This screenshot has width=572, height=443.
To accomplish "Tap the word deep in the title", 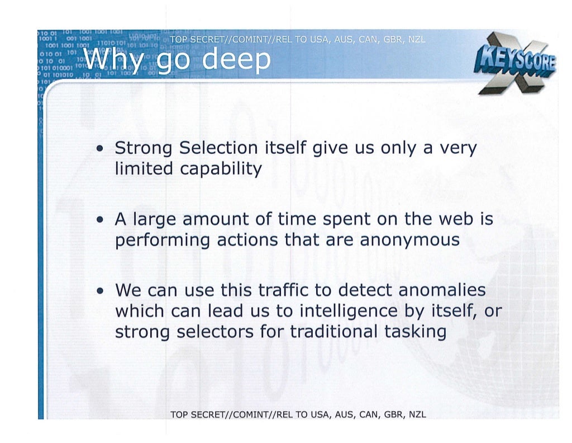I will (x=236, y=60).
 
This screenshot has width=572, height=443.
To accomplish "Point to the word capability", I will (x=222, y=169).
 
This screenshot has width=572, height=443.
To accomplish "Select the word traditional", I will (x=334, y=332).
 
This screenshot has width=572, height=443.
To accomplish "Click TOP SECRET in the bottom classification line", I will (x=197, y=414).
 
